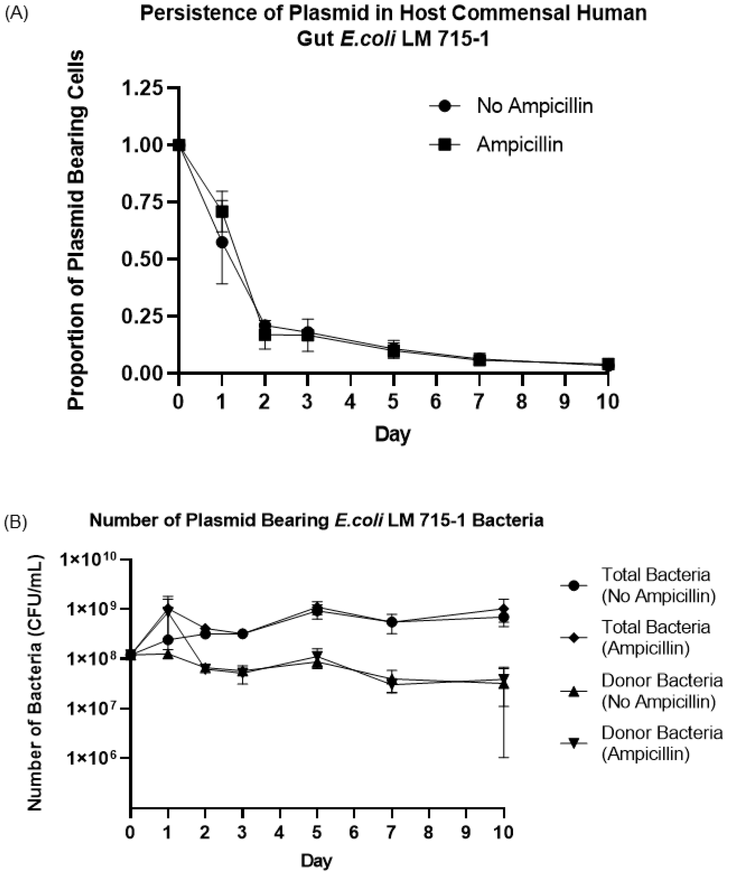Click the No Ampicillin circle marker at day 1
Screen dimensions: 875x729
click(x=222, y=242)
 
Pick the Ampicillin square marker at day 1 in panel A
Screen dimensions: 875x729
click(x=222, y=212)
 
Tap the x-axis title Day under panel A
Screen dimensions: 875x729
click(x=392, y=434)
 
